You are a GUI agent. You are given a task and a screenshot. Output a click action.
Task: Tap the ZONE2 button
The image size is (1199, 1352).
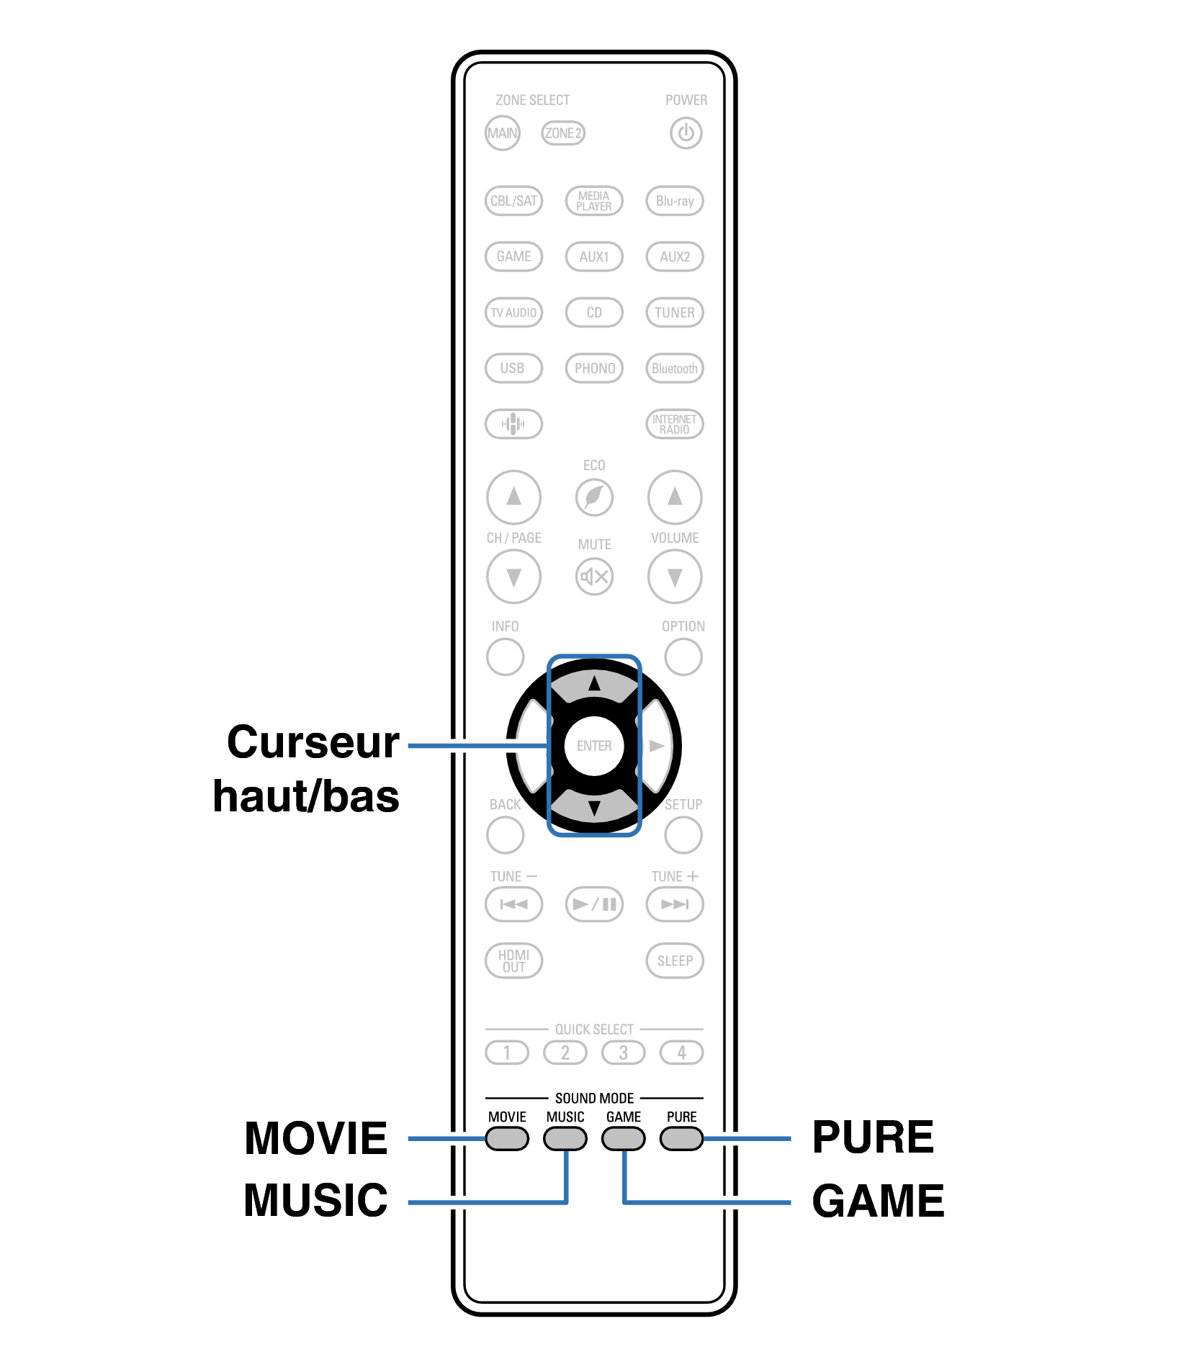(x=562, y=133)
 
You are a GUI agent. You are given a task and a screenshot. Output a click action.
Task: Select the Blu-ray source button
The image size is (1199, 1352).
(x=674, y=201)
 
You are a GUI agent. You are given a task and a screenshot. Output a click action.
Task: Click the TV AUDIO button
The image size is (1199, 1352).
(x=513, y=312)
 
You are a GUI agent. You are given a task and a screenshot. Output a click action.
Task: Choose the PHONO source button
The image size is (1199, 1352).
(x=594, y=368)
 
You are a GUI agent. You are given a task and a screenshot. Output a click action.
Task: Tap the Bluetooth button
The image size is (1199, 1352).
(x=674, y=368)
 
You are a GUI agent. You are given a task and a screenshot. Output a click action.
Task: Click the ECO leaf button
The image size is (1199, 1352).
(x=594, y=497)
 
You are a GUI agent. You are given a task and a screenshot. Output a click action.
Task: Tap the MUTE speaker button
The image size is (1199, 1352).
(x=594, y=576)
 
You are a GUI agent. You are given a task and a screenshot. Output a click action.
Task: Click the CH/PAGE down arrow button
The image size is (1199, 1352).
(x=513, y=577)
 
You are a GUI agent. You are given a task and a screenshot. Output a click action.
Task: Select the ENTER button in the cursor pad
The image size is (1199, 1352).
(x=594, y=746)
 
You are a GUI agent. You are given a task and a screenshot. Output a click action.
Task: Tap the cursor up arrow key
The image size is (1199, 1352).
(x=594, y=684)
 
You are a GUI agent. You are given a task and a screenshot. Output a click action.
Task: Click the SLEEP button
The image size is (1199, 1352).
(x=674, y=960)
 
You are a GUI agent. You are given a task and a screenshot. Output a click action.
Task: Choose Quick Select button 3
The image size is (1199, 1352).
(x=623, y=1053)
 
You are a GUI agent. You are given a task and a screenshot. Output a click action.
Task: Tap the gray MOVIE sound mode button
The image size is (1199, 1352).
(x=507, y=1138)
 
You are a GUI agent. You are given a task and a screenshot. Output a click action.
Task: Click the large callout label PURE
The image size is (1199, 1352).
(x=872, y=1137)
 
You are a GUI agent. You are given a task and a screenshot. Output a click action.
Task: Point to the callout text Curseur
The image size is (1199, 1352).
(x=313, y=742)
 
